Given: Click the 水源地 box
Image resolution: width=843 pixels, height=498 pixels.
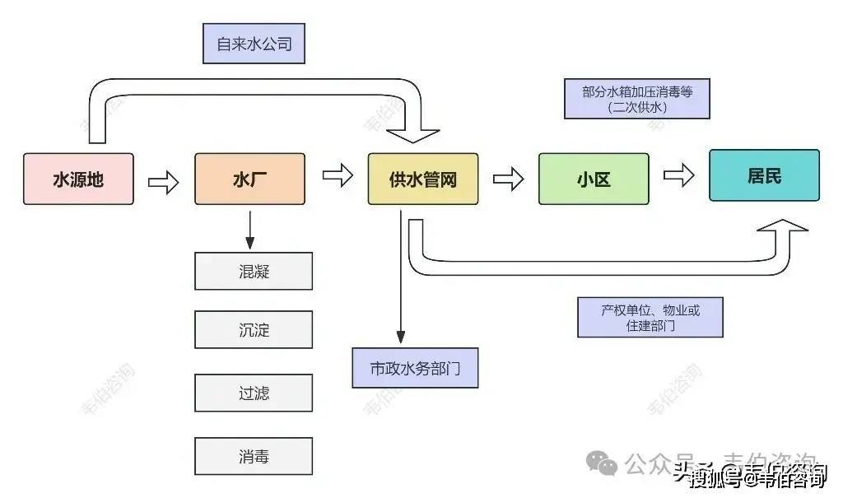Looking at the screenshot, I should point(78,179).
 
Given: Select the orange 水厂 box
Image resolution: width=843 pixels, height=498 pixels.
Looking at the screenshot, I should point(249,179).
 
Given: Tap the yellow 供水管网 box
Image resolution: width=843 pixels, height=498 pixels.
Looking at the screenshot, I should point(422,179).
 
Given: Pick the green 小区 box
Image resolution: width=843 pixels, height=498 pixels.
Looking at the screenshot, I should point(594,179).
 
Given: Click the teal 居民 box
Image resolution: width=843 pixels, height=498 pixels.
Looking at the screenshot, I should point(764,175).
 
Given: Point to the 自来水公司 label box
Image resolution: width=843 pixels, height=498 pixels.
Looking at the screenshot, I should point(254,44).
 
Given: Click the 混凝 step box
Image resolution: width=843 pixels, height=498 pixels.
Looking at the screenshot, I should point(254,272).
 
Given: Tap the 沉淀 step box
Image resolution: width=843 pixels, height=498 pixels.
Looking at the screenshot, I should point(254,330).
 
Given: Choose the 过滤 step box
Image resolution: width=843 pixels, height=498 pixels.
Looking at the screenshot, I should point(254,393).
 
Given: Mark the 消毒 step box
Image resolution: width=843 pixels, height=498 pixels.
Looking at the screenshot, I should point(254,456).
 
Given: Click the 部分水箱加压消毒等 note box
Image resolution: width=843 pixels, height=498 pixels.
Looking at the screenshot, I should point(637,99).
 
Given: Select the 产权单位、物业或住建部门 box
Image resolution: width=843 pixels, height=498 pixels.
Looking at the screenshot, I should point(650,317).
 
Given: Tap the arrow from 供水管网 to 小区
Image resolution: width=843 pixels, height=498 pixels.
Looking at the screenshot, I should point(509,179).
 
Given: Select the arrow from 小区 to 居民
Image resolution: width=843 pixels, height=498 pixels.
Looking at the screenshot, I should point(679,175).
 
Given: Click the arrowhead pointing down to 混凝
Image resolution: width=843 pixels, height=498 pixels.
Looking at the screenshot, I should point(249,242).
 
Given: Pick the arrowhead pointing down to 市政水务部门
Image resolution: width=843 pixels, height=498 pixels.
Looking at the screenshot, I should point(401,337).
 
